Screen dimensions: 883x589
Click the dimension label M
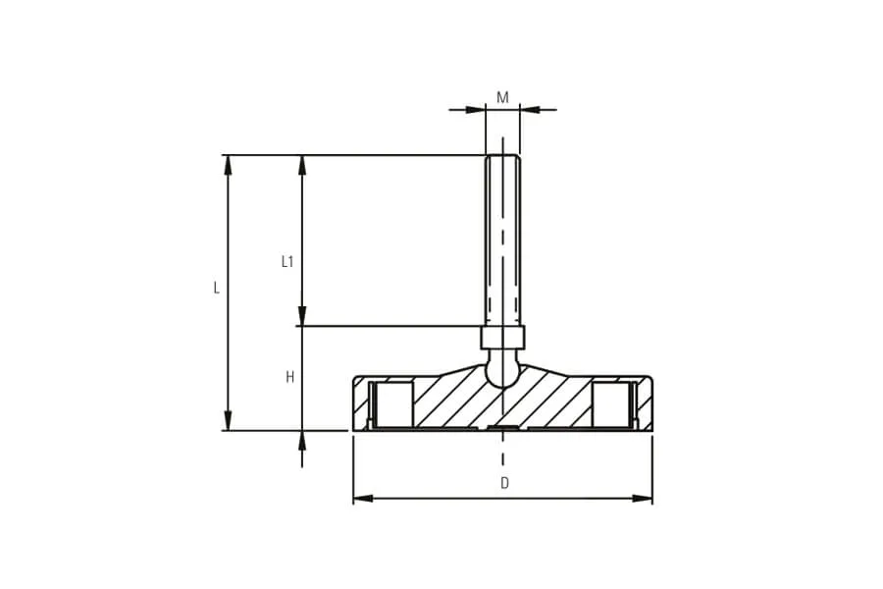click(502, 97)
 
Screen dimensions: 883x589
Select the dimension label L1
click(287, 261)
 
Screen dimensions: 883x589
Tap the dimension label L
click(216, 288)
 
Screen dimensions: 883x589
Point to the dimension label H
click(290, 377)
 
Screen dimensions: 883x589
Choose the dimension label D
click(504, 483)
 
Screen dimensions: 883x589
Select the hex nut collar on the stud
click(503, 337)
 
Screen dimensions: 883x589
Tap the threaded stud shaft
click(503, 241)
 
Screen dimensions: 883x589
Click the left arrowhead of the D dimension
click(363, 499)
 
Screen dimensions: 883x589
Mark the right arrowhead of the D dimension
click(642, 499)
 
